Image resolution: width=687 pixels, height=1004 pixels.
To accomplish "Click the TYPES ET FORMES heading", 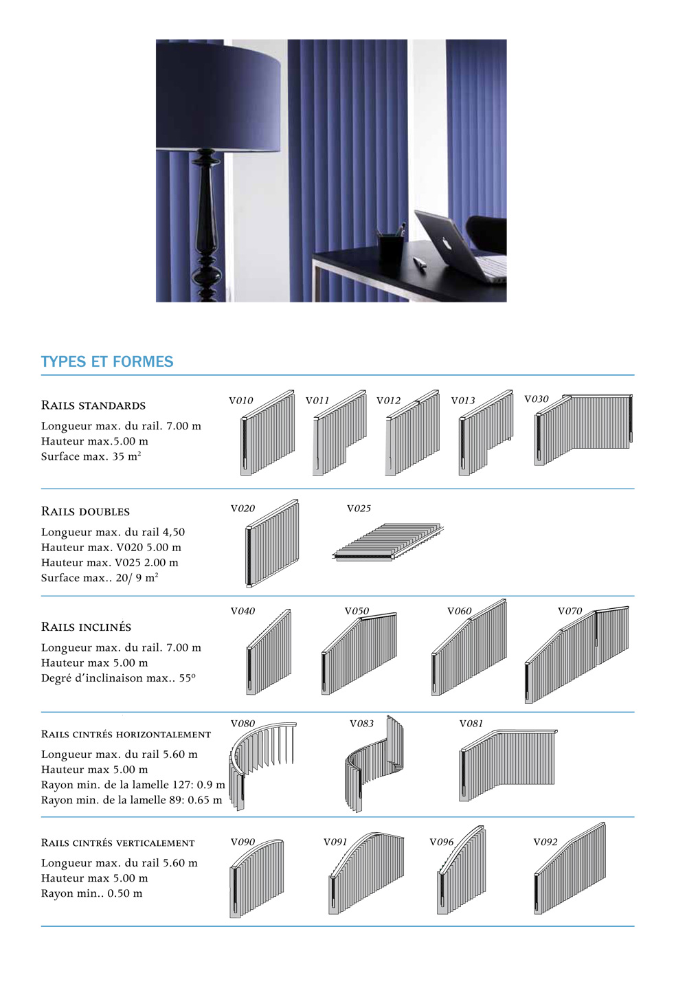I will (x=107, y=361).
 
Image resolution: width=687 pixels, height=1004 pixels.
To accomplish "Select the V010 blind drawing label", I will (x=240, y=400).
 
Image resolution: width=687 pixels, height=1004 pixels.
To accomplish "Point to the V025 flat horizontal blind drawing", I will (x=388, y=542).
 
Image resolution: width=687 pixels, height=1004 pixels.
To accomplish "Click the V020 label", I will (x=243, y=509).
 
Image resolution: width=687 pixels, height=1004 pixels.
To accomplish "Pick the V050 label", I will (x=357, y=611).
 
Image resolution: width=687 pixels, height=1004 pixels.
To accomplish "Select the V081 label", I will (x=471, y=724).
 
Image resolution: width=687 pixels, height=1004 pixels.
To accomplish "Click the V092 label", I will (x=545, y=842).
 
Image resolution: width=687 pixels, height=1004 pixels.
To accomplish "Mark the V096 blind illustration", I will (x=461, y=873).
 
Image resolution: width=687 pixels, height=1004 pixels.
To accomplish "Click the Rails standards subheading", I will (x=93, y=405).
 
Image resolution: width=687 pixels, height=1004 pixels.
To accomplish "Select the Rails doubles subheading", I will (x=85, y=511).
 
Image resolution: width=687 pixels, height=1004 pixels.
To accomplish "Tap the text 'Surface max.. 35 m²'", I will (x=91, y=456).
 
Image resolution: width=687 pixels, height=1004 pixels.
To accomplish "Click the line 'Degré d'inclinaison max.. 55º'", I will (x=118, y=678).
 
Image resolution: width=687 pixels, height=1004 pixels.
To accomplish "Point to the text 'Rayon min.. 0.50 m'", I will (x=91, y=893).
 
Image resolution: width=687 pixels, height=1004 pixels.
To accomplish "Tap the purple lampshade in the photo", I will (x=218, y=96).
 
